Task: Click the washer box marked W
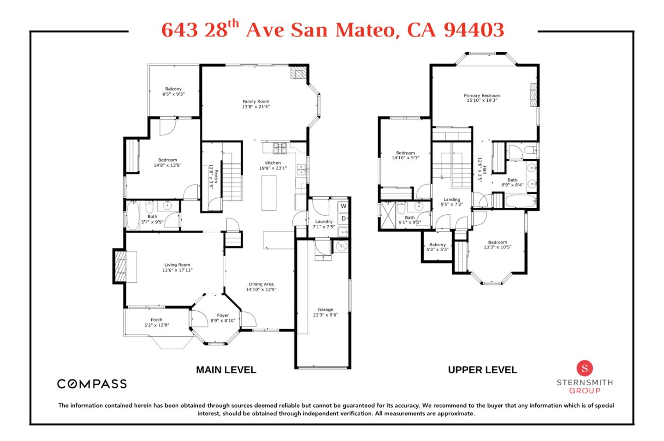click(343, 206)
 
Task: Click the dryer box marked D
click(343, 219)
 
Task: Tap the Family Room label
click(256, 102)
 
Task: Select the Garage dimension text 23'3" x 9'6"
click(325, 315)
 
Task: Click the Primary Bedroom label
click(482, 96)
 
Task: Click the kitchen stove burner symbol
click(280, 148)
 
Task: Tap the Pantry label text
click(216, 176)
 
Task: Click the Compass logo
click(92, 384)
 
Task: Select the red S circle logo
click(585, 368)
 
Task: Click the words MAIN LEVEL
click(226, 370)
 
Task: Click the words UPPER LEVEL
click(482, 370)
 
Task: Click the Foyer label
click(223, 315)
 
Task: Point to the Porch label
click(156, 320)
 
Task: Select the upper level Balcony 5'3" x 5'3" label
click(437, 247)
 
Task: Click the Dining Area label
click(261, 284)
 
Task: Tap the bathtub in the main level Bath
click(133, 215)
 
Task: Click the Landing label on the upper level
click(452, 200)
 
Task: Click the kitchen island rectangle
click(269, 193)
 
